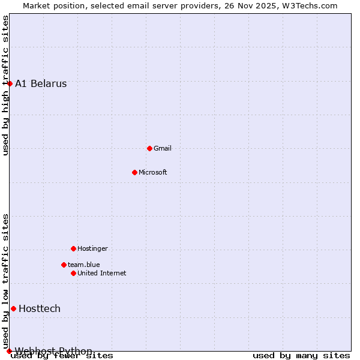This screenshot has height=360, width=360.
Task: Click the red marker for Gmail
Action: pyautogui.click(x=149, y=148)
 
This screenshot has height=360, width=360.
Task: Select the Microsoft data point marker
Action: pyautogui.click(x=134, y=172)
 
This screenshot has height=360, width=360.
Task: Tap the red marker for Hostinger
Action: pyautogui.click(x=73, y=248)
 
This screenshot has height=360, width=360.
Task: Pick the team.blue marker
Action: pyautogui.click(x=64, y=265)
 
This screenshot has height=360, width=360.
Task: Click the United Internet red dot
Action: pyautogui.click(x=73, y=273)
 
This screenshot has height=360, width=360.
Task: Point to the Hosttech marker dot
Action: pyautogui.click(x=13, y=308)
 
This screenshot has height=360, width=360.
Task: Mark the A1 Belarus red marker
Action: pyautogui.click(x=10, y=83)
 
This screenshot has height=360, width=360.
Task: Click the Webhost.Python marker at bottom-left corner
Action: pyautogui.click(x=9, y=351)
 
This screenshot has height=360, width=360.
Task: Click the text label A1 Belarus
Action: pyautogui.click(x=41, y=84)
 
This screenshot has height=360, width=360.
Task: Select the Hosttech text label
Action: pyautogui.click(x=40, y=309)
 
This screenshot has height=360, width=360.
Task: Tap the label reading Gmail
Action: pyautogui.click(x=163, y=149)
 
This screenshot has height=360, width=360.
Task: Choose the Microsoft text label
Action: pyautogui.click(x=153, y=173)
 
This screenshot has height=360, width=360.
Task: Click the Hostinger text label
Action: pyautogui.click(x=93, y=249)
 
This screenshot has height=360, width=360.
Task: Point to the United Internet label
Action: pyautogui.click(x=102, y=274)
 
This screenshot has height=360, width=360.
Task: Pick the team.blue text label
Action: pyautogui.click(x=84, y=265)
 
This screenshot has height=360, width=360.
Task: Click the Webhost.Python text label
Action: pyautogui.click(x=54, y=351)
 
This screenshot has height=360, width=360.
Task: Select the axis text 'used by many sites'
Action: pyautogui.click(x=301, y=356)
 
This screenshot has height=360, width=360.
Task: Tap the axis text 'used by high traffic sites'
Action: pyautogui.click(x=6, y=86)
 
